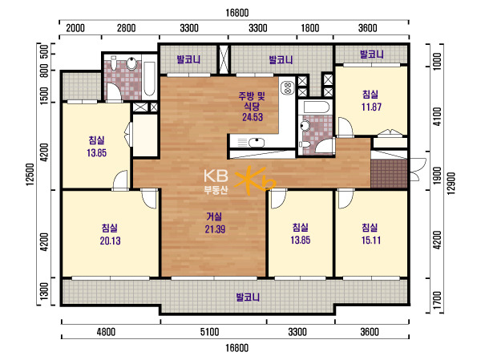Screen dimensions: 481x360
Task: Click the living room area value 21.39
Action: tap(215, 229)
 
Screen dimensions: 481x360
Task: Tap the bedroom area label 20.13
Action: tap(110, 241)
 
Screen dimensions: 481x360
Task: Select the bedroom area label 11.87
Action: tap(371, 107)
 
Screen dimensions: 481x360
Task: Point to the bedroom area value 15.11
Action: tap(371, 240)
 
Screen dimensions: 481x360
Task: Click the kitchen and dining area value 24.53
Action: tap(253, 117)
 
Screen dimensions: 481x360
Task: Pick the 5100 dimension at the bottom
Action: tap(210, 332)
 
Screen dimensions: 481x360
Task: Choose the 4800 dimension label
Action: tap(106, 332)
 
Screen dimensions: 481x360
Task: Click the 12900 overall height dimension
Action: tap(451, 184)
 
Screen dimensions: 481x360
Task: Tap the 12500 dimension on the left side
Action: tap(30, 174)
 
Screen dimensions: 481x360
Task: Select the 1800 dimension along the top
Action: tap(309, 28)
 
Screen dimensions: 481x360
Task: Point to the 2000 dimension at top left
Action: tap(75, 28)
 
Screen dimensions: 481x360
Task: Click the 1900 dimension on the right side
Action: tap(437, 176)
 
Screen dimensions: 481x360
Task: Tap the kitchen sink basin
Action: tap(257, 143)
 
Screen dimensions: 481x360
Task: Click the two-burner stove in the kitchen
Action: tap(288, 87)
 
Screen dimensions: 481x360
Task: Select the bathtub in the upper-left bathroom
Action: tap(149, 79)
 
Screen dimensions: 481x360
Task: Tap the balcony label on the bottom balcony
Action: tap(248, 297)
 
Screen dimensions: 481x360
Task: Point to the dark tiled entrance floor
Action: tap(389, 173)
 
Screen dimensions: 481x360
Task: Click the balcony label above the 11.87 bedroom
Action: tap(371, 55)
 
